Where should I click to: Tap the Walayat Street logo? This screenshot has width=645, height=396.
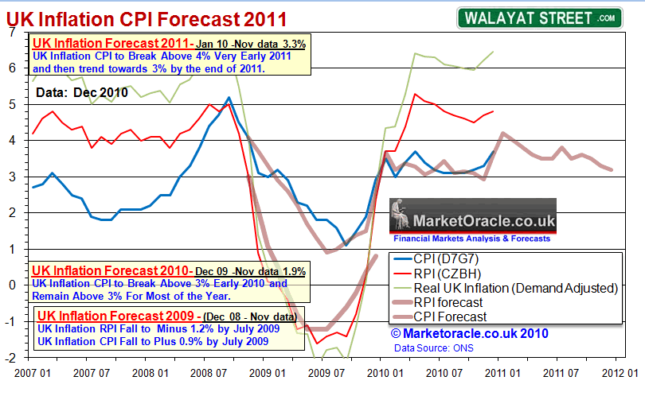click(x=537, y=17)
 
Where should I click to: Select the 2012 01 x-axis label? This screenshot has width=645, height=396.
click(x=620, y=371)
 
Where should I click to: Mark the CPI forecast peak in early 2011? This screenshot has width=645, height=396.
click(x=502, y=134)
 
